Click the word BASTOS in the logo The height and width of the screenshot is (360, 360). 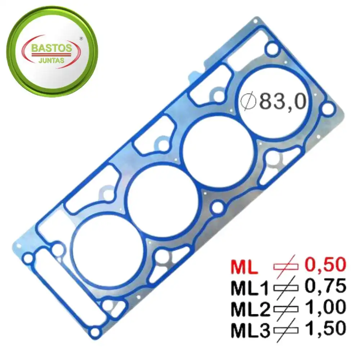click(x=51, y=48)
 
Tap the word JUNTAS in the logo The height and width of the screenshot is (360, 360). click(x=51, y=61)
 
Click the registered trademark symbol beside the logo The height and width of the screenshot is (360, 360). click(x=81, y=39)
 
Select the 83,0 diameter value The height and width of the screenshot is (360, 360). click(x=283, y=102)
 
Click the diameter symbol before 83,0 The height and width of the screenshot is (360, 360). click(x=248, y=101)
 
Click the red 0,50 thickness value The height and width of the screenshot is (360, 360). click(x=325, y=265)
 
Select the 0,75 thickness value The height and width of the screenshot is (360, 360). click(x=325, y=286)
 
